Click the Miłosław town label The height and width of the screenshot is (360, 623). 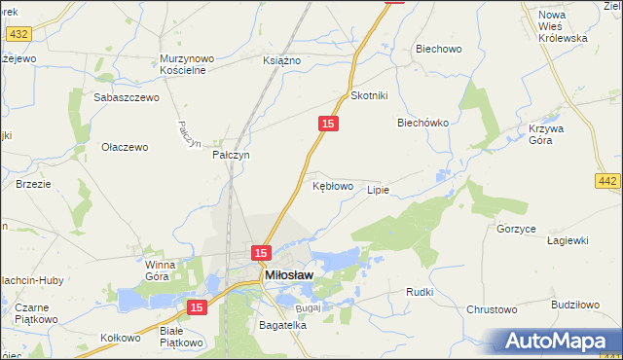289,276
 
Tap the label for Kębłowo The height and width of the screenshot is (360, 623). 332,185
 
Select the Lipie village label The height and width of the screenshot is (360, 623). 378,190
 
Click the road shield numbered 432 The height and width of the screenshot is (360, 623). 18,34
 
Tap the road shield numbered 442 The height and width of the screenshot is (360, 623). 608,181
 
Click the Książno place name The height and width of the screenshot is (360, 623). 282,60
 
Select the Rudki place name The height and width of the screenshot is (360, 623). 420,292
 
